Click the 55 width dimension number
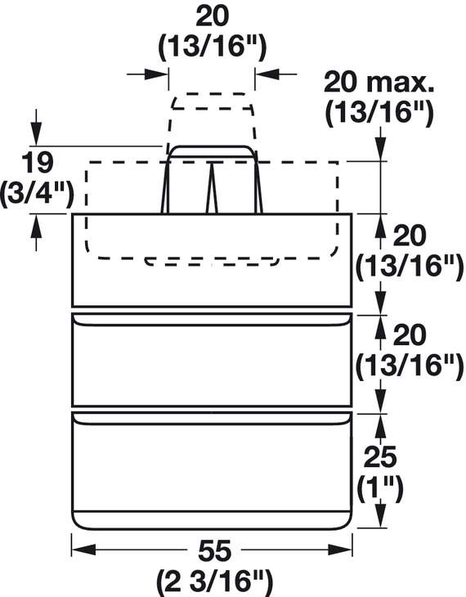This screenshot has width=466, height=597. [215, 550]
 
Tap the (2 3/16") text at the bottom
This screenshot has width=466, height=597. [215, 581]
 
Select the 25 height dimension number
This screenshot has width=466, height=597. [380, 457]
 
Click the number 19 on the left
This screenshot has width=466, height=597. [37, 163]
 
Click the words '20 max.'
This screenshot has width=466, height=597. [379, 82]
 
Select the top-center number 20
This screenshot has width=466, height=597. [212, 16]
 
